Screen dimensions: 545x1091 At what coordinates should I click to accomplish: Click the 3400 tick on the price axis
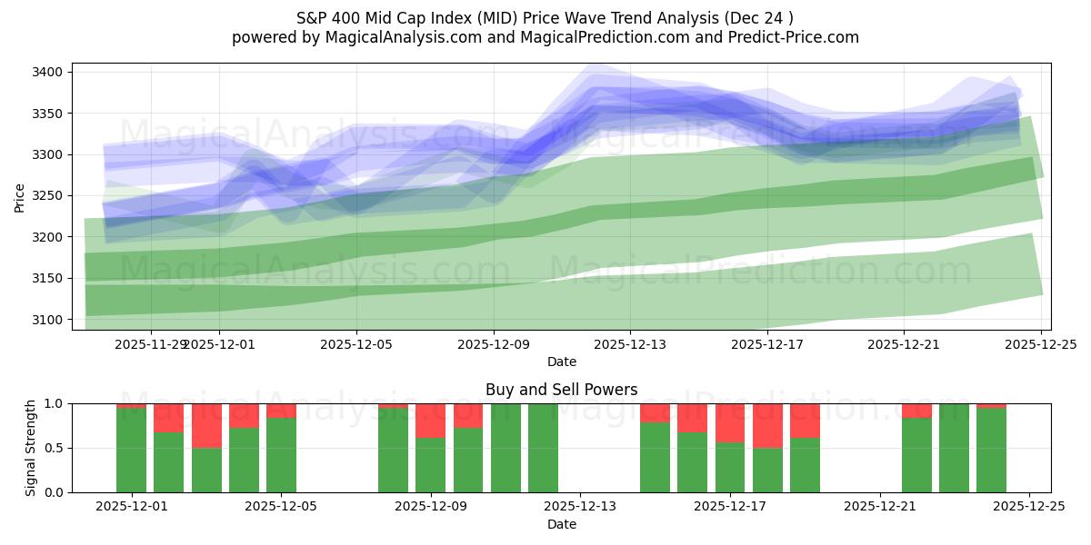point(46,72)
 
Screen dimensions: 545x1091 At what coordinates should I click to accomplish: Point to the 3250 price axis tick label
point(46,195)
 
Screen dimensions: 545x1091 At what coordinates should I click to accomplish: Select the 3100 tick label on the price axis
point(46,320)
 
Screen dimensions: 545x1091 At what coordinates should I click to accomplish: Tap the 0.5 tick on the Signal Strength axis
point(54,448)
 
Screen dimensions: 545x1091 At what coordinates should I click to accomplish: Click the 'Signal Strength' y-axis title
point(30,448)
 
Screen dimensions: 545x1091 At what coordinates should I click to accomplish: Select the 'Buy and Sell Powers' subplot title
point(561,390)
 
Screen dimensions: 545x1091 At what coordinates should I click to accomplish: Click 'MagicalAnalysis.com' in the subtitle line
point(398,37)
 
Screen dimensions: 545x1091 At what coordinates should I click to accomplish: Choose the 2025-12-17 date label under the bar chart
point(730,507)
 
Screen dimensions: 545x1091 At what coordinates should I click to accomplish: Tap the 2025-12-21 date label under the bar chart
point(880,507)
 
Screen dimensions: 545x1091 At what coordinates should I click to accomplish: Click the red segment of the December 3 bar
point(206,425)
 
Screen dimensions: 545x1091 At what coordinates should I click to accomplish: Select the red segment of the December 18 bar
point(767,425)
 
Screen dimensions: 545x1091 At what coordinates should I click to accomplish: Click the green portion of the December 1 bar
point(132,451)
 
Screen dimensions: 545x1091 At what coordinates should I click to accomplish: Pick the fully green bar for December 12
point(543,448)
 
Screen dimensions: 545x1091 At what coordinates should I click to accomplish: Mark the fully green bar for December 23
point(954,448)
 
